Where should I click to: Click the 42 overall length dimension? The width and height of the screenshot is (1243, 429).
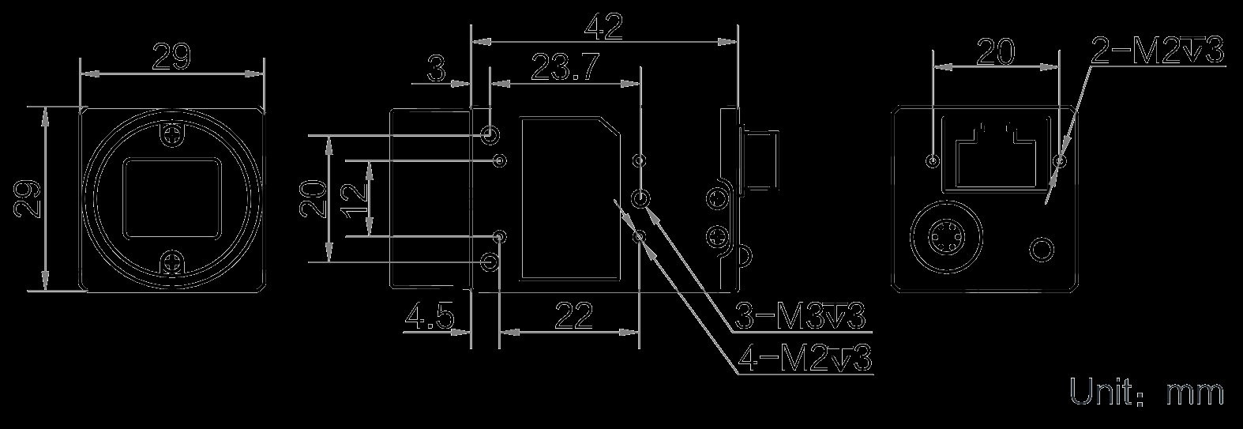pos(603,27)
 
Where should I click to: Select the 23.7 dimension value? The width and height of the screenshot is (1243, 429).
pos(565,68)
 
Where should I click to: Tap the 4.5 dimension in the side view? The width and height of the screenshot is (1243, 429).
pos(430,316)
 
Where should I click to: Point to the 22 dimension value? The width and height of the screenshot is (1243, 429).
pos(574,316)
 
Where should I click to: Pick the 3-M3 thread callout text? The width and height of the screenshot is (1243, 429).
pos(800,316)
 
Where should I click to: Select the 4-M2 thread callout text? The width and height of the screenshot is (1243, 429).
pos(804,358)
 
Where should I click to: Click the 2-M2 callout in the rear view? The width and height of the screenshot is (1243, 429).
pos(1157,51)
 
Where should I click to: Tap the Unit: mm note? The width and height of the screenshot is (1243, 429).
pos(1147,392)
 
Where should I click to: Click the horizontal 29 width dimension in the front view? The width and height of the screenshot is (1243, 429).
pos(171,57)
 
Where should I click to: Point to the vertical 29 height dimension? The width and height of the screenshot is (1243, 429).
pos(28,199)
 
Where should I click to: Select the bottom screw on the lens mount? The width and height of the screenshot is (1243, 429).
pos(172,262)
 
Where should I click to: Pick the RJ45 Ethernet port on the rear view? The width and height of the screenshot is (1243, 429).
pos(996,153)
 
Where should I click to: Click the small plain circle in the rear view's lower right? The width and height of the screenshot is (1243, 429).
pos(1041,249)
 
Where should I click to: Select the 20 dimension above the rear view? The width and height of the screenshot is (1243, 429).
pos(995,51)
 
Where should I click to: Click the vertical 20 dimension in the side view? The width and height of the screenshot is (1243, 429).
pos(313,198)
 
